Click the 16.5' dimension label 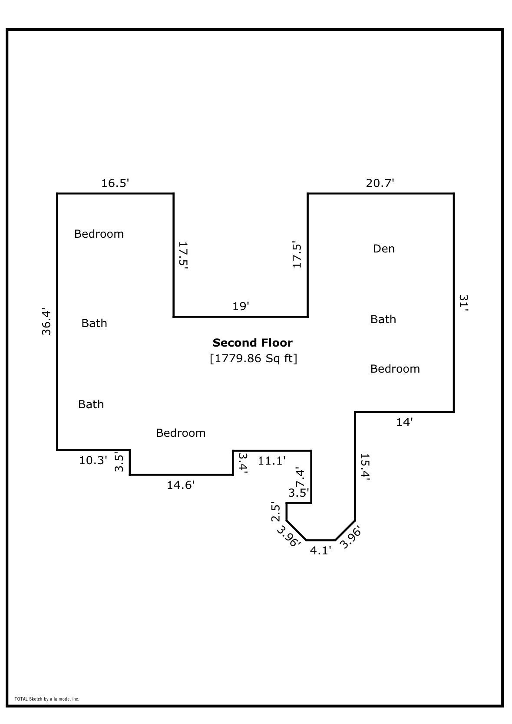(x=115, y=183)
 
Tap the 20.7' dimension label (x=380, y=183)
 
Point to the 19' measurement (x=241, y=307)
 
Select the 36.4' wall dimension (x=46, y=322)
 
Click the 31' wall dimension (x=463, y=303)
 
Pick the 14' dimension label (x=404, y=422)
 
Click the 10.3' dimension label (x=93, y=460)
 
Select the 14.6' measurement (x=181, y=485)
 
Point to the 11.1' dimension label (x=272, y=461)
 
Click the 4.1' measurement (x=320, y=551)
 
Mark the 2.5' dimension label (x=275, y=512)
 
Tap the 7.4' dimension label (x=300, y=478)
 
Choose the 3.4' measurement (x=242, y=463)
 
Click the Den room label (x=384, y=249)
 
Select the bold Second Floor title (x=252, y=343)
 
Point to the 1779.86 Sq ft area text (x=253, y=359)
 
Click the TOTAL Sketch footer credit (x=47, y=699)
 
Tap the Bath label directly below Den (x=383, y=319)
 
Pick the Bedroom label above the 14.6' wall (x=181, y=433)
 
